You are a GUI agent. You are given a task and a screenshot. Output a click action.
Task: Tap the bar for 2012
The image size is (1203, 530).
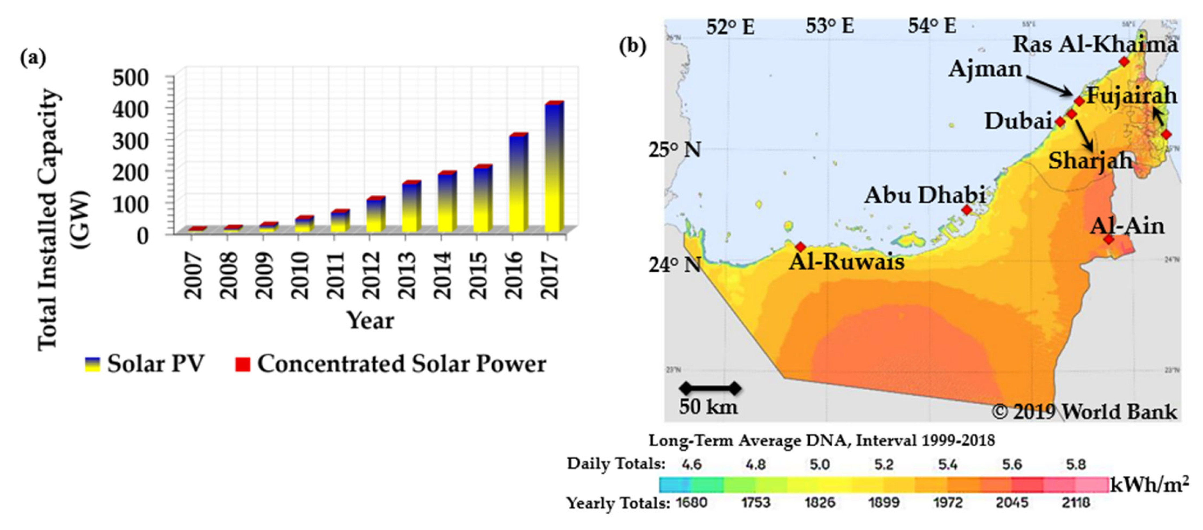pyautogui.click(x=376, y=214)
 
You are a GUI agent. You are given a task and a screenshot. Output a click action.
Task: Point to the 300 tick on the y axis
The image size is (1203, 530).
pyautogui.click(x=130, y=141)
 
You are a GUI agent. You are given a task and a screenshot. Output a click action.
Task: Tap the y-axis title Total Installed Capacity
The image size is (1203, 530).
pyautogui.click(x=48, y=219)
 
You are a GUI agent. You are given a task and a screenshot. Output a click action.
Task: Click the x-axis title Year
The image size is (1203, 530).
pyautogui.click(x=370, y=321)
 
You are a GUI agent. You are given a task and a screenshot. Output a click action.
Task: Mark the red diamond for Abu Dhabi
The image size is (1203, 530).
pyautogui.click(x=967, y=210)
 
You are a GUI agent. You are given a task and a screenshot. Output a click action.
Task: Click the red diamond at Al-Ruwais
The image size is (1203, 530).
pyautogui.click(x=801, y=247)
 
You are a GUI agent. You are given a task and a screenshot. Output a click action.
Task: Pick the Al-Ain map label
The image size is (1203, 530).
pyautogui.click(x=1127, y=226)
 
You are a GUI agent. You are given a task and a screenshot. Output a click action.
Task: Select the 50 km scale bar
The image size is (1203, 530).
pyautogui.click(x=710, y=388)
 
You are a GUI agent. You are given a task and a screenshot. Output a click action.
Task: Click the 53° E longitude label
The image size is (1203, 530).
pyautogui.click(x=830, y=26)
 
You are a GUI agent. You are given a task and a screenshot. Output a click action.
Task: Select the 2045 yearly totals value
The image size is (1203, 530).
pyautogui.click(x=1012, y=503)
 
